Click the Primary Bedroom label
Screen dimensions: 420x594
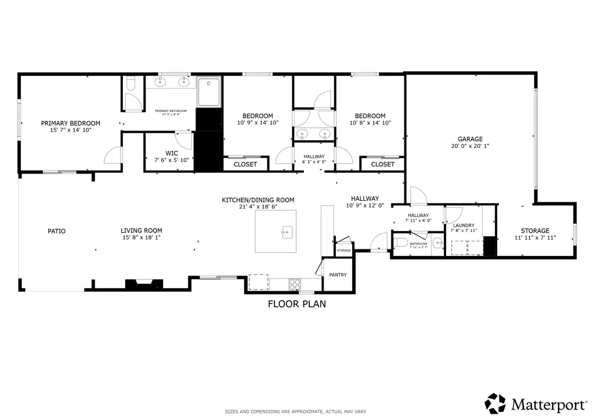pyautogui.click(x=70, y=123)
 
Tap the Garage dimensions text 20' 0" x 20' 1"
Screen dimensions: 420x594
pyautogui.click(x=470, y=147)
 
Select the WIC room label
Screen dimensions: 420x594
pyautogui.click(x=172, y=153)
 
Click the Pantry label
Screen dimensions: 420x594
pyautogui.click(x=338, y=275)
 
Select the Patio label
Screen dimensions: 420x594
pyautogui.click(x=56, y=231)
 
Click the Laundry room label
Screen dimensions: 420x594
pyautogui.click(x=463, y=225)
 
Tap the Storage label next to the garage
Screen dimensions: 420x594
pyautogui.click(x=535, y=230)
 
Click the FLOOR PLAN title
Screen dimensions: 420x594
pyautogui.click(x=296, y=303)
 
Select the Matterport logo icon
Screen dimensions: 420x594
pyautogui.click(x=495, y=403)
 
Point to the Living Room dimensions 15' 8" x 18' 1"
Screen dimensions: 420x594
pyautogui.click(x=141, y=237)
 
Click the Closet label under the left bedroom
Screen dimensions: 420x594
pyautogui.click(x=245, y=164)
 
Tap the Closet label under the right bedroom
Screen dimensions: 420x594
pyautogui.click(x=382, y=164)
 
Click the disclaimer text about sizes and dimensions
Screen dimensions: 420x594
pyautogui.click(x=296, y=412)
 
